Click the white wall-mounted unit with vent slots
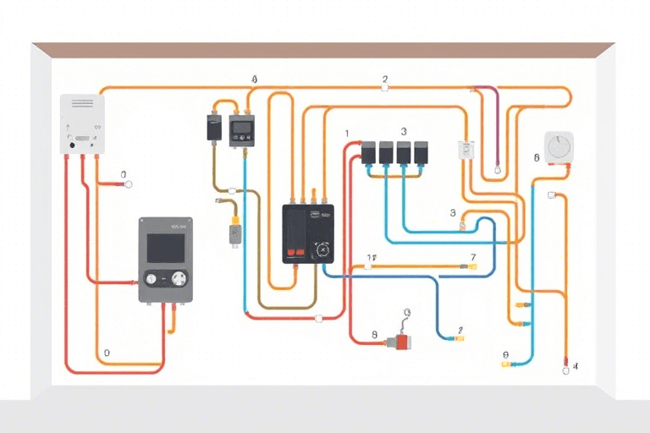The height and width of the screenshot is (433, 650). click(82, 123)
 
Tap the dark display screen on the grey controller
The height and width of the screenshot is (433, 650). click(166, 248)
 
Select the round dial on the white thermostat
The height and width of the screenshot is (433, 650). click(558, 148)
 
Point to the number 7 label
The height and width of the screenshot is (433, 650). click(473, 257)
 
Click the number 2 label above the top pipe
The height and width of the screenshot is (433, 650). click(385, 79)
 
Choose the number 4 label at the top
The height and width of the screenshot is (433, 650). click(254, 79)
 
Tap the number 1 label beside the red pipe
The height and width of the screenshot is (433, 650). click(346, 134)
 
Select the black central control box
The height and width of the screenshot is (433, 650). click(307, 233)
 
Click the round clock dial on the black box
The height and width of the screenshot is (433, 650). click(320, 251)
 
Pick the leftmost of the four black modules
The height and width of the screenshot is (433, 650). click(369, 152)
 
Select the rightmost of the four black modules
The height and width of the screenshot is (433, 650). click(421, 152)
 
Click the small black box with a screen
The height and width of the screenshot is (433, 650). click(241, 128)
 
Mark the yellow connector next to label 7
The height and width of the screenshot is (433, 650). click(471, 267)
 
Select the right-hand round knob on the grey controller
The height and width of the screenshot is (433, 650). click(179, 277)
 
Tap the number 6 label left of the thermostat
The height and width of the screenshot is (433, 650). click(537, 158)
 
